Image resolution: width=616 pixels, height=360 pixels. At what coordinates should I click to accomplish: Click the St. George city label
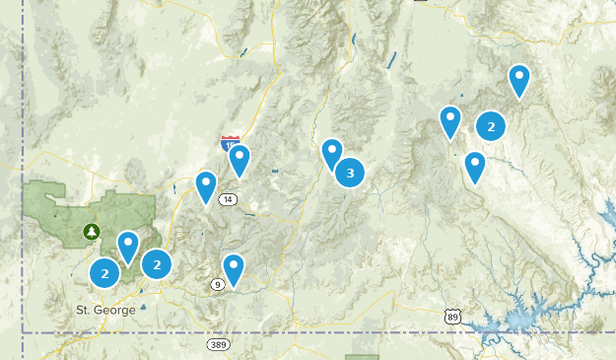pos(105,310)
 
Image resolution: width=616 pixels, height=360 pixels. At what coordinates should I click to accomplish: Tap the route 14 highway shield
pos(228,199)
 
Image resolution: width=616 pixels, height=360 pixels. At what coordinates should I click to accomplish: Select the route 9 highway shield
pos(217,285)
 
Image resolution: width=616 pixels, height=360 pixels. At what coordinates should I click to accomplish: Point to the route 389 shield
pos(219,344)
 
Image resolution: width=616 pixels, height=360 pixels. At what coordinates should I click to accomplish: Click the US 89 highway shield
pos(452,316)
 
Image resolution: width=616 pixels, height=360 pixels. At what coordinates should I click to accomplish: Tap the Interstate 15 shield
pos(230,144)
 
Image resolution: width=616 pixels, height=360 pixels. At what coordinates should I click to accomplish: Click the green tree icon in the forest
pos(92,232)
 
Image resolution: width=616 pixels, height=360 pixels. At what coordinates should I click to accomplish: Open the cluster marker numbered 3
pos(349,173)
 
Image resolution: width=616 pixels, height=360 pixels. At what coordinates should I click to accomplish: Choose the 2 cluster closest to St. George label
pos(104,273)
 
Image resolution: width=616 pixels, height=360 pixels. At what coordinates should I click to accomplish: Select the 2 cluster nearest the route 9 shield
pos(157,263)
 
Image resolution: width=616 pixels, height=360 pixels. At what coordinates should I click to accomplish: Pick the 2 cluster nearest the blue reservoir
pos(491,125)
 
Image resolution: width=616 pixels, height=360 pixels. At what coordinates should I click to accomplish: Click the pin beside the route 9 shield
pos(234,267)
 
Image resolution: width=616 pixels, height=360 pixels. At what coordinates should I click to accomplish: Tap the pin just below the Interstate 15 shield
pos(239,160)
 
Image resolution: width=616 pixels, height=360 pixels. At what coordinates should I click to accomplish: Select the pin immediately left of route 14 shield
pos(206,185)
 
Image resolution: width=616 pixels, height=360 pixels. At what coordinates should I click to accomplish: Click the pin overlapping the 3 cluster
pos(332,153)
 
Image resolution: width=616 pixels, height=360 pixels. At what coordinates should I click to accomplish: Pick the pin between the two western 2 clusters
pos(128,246)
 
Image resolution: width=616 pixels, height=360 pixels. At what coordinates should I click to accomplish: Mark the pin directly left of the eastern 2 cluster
pos(450,121)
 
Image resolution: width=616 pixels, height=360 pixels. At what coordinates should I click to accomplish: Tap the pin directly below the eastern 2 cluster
pos(475,166)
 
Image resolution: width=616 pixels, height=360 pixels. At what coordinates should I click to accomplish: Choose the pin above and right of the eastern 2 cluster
pos(519,80)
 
